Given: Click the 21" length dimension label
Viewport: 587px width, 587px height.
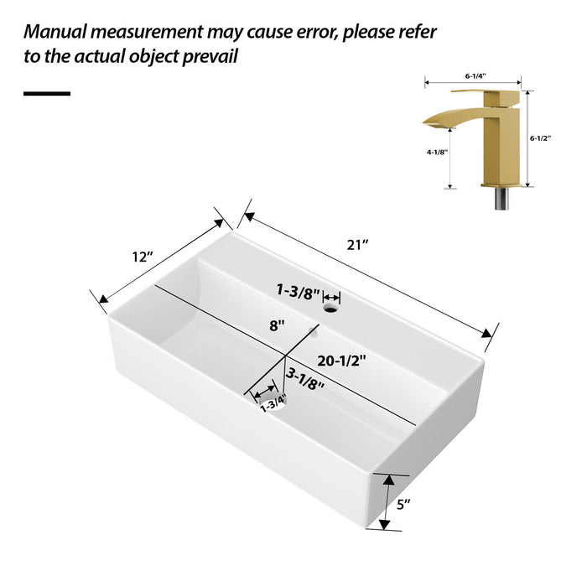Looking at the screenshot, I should pos(360,244).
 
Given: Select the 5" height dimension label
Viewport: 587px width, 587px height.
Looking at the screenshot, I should pos(403,505).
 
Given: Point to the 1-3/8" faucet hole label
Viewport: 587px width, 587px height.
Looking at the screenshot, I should pos(298,291).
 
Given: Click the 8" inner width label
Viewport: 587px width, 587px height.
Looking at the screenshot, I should pos(277,325).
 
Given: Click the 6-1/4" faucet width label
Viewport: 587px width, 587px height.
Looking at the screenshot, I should pos(475,75).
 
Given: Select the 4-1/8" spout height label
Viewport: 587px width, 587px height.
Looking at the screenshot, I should pos(437,153).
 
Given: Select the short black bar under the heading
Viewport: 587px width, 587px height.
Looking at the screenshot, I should pos(47,92).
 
